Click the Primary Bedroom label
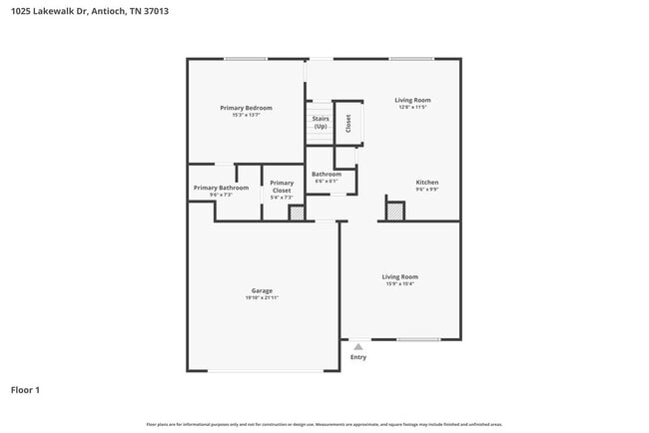coord(246,108)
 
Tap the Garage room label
coord(262,291)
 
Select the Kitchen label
coord(427,183)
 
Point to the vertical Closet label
coord(348,123)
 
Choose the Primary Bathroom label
coord(221,188)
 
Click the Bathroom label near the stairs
coord(326,175)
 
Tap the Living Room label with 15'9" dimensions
coord(399,276)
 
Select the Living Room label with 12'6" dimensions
coord(412,100)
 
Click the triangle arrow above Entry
coord(358,346)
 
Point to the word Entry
coord(358,357)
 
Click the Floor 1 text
coord(25,390)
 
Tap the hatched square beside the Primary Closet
coord(297,213)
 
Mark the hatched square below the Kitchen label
coord(395,212)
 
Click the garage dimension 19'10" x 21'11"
coord(262,298)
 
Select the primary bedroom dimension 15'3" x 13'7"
coord(246,115)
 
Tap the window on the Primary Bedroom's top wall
coord(245,59)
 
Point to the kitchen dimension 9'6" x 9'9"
coord(427,190)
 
